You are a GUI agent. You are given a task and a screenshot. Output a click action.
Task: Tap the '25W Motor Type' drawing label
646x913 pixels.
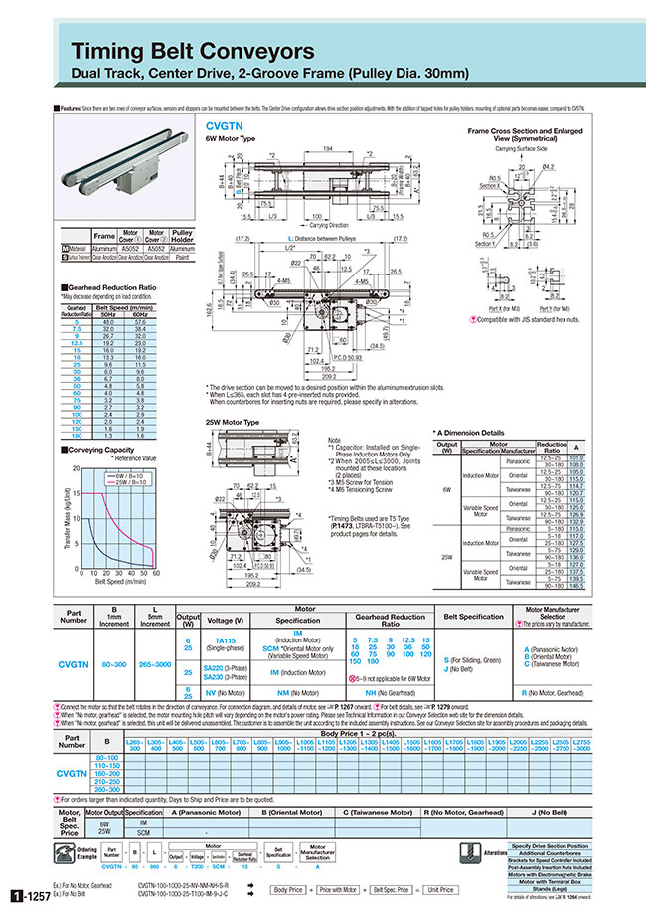pyautogui.click(x=232, y=422)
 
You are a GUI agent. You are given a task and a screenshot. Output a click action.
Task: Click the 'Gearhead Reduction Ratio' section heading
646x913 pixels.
pyautogui.click(x=101, y=288)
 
